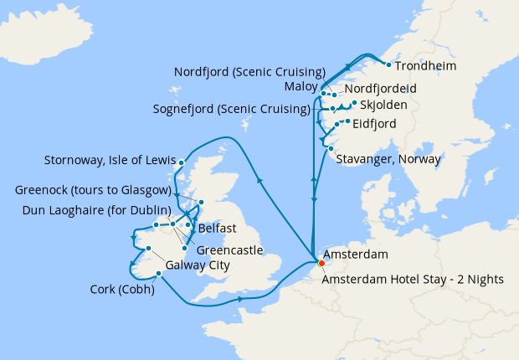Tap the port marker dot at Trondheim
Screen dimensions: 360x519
[388, 64]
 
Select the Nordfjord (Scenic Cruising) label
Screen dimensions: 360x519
[249, 72]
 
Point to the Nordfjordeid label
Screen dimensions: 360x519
[381, 89]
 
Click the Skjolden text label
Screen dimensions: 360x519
[385, 105]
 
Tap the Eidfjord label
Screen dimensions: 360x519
[375, 124]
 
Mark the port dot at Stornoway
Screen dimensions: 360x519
[182, 162]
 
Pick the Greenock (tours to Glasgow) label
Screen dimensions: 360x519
[92, 190]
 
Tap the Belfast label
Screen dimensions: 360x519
[218, 229]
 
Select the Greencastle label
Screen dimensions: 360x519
[229, 249]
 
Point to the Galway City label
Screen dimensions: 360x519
[197, 265]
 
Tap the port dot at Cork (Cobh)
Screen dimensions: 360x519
[159, 272]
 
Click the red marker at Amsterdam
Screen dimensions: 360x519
[319, 265]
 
